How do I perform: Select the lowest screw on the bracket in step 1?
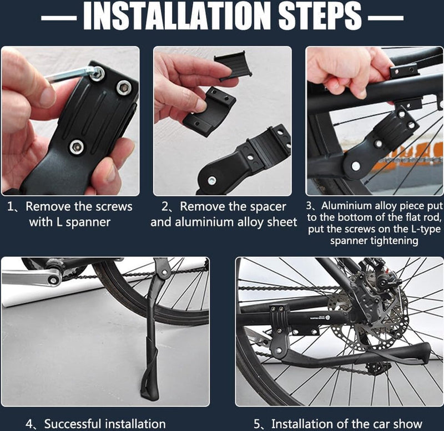point(76,147)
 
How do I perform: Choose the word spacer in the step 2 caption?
point(266,207)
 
